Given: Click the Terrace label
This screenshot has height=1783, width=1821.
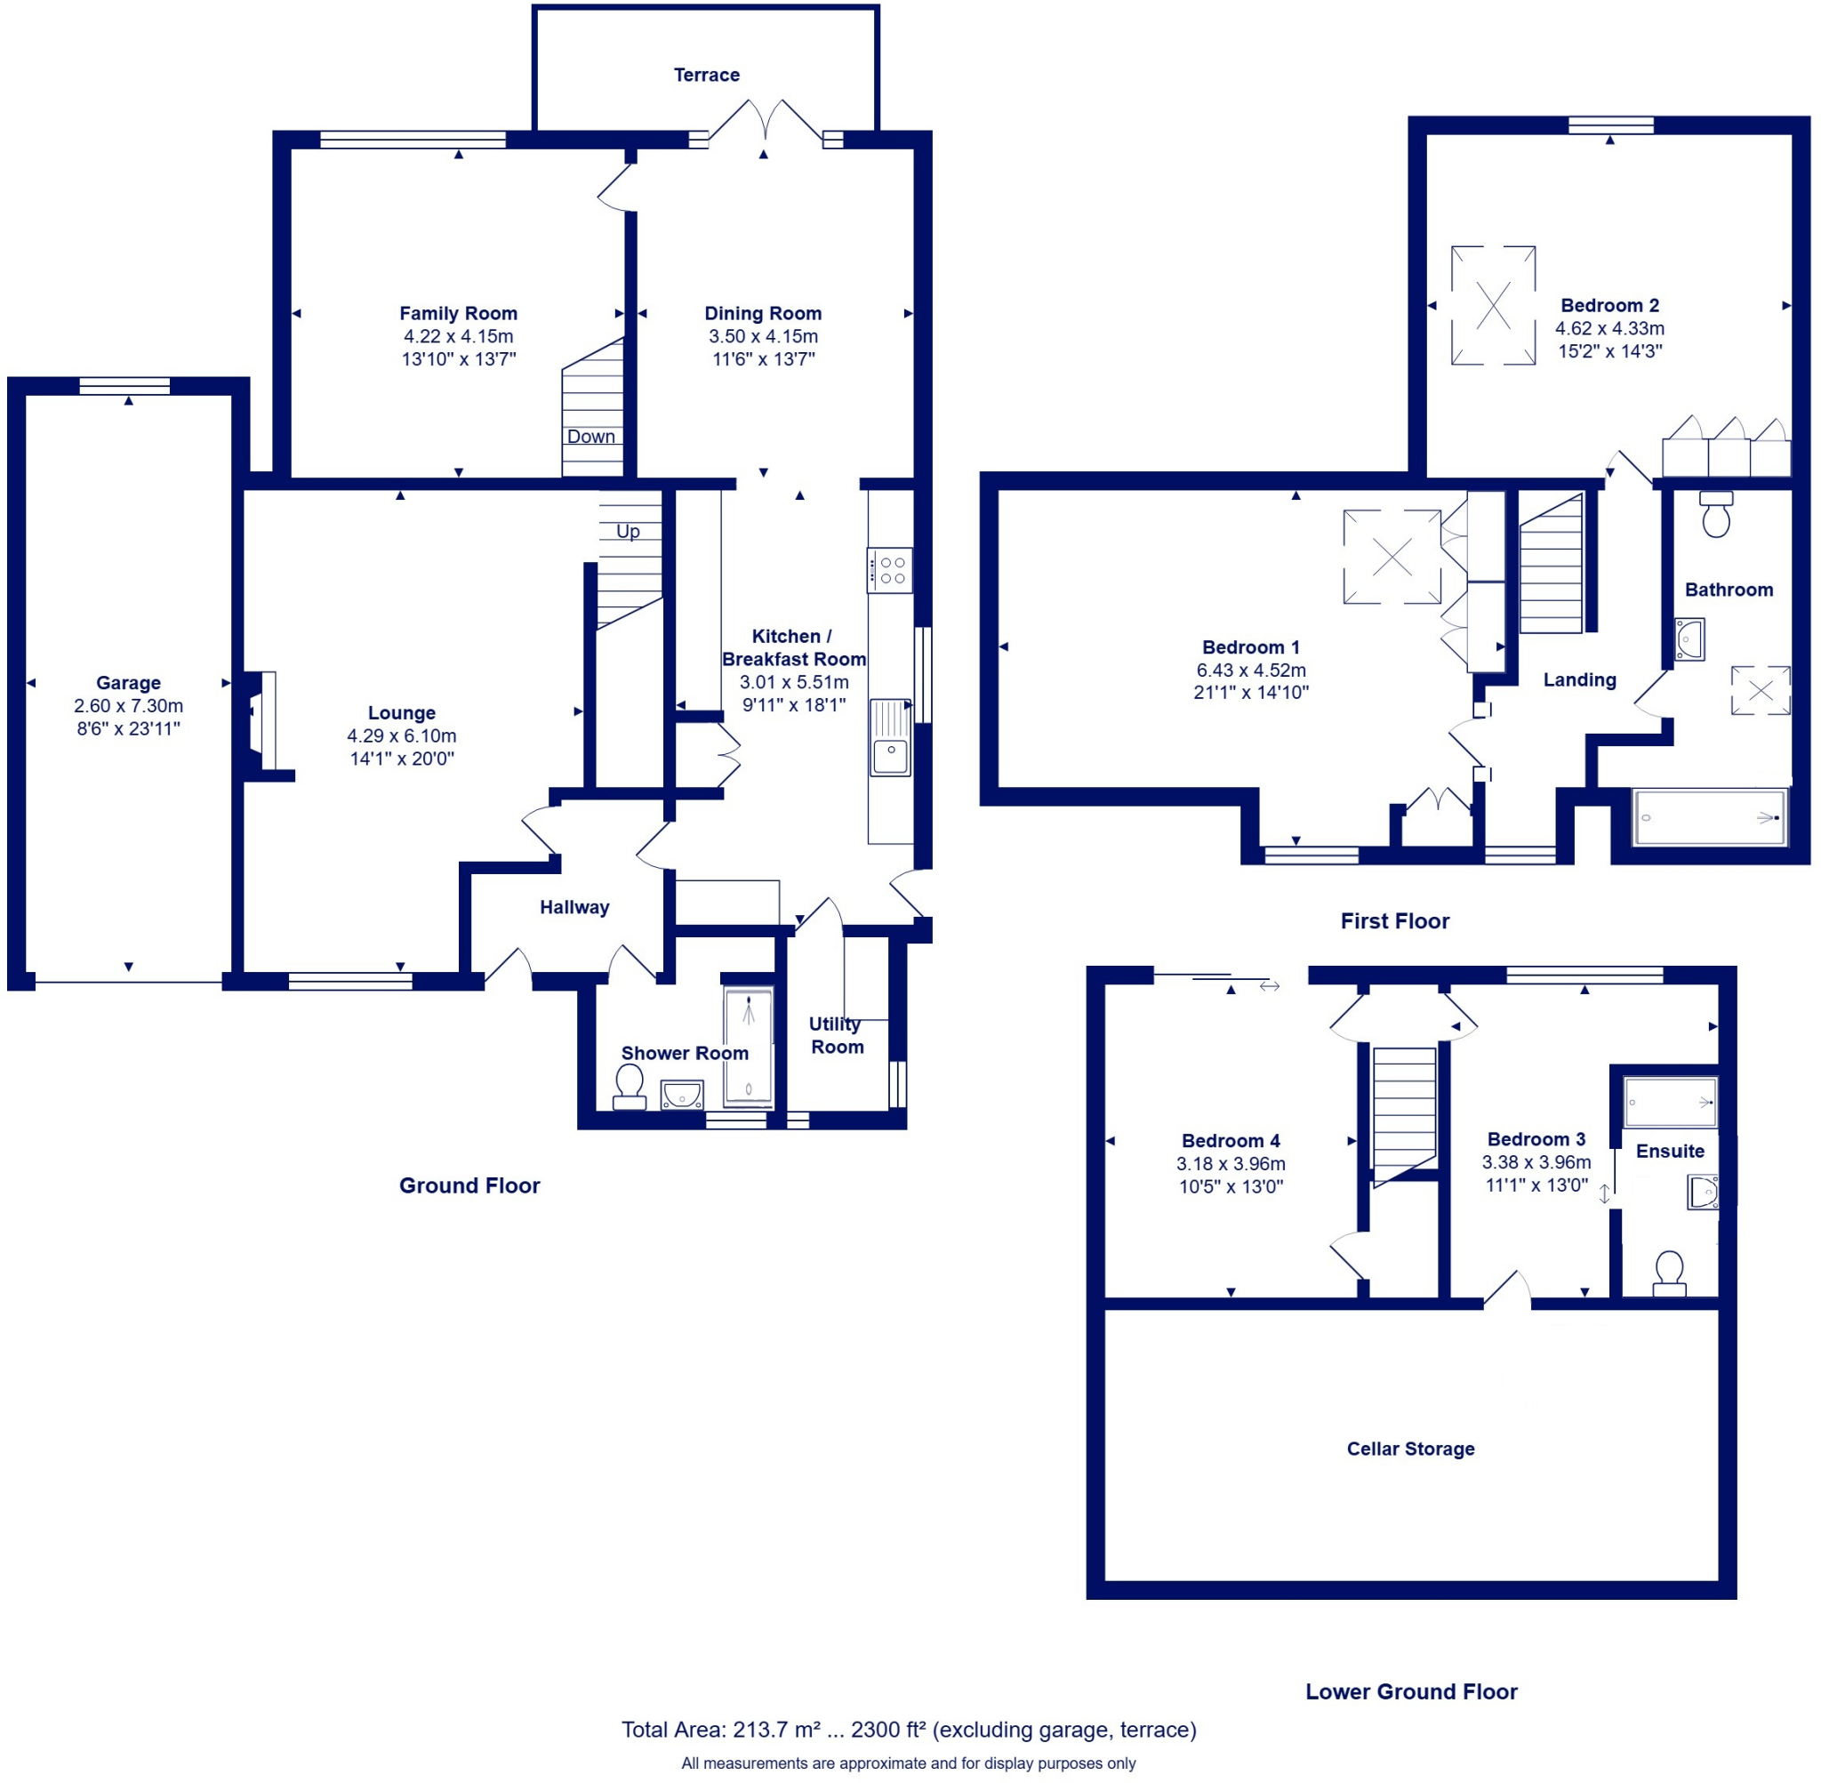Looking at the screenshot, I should click(x=706, y=75).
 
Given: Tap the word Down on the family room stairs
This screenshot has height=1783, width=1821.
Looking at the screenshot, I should click(x=590, y=437).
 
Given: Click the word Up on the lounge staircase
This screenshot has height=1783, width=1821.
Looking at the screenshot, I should click(x=627, y=531).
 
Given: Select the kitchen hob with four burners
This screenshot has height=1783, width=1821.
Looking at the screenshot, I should click(x=889, y=570).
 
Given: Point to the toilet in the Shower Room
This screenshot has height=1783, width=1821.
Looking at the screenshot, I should click(x=630, y=1087).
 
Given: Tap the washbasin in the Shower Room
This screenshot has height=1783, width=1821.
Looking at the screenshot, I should click(x=682, y=1094).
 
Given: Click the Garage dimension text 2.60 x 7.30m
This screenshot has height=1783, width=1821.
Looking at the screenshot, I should click(x=128, y=706).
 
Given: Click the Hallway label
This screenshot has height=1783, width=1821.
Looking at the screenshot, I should click(x=574, y=906).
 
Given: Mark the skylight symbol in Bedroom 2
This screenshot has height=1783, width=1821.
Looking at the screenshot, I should click(x=1492, y=305).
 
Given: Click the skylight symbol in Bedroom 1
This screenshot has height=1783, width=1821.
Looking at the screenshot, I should click(x=1392, y=557).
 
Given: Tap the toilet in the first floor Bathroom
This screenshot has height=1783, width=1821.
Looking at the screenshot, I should click(x=1715, y=515).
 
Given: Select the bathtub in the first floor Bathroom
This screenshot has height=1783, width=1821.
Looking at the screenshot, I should click(x=1709, y=816).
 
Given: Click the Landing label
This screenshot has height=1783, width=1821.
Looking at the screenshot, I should click(x=1579, y=680).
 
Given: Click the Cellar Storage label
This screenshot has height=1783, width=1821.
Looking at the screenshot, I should click(x=1410, y=1449).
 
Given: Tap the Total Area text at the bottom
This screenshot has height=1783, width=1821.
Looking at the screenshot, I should click(x=908, y=1729).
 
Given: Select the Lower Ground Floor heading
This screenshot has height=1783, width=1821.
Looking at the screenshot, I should click(x=1411, y=1691).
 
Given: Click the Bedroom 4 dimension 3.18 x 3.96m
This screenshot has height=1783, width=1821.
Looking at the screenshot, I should click(x=1231, y=1163).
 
